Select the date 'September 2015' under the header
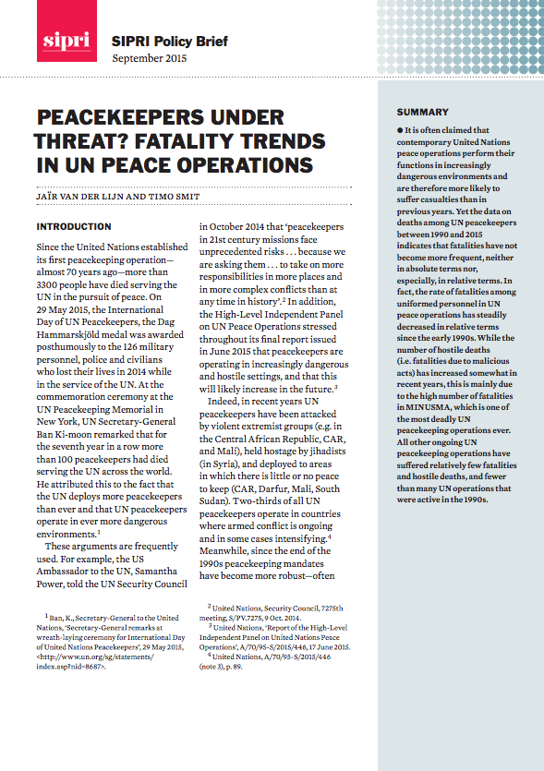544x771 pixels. (149, 58)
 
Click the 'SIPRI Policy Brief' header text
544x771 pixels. (169, 42)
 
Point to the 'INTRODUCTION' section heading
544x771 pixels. (74, 226)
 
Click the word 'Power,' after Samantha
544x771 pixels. (54, 584)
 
